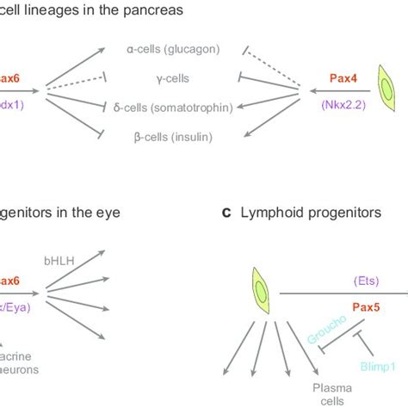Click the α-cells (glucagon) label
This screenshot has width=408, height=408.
coord(171,51)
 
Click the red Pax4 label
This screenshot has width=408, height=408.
coord(346,77)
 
